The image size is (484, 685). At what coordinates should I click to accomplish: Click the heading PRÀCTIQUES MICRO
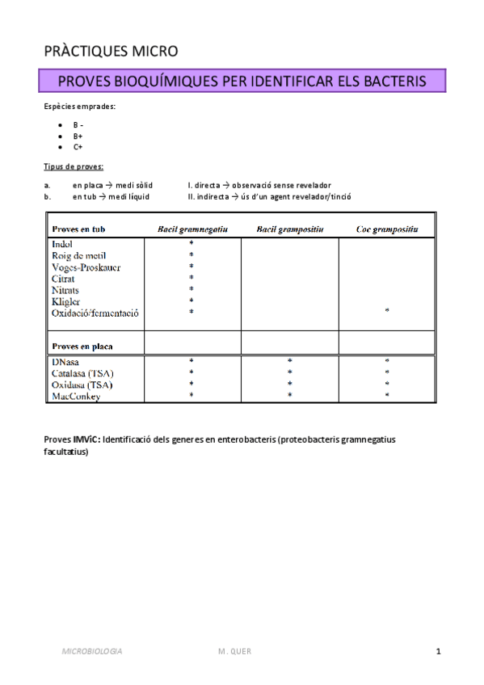pos(111,52)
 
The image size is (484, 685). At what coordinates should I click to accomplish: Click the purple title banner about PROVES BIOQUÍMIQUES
pos(242,82)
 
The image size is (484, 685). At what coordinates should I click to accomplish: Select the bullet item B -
pos(78,125)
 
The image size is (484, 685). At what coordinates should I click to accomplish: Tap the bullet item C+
pos(78,148)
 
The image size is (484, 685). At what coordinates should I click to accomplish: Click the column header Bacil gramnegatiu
pos(192,229)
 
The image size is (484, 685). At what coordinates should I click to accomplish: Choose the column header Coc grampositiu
pos(387,229)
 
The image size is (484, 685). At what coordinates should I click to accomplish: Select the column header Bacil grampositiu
pos(290,229)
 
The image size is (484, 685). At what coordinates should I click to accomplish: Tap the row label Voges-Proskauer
pos(86,267)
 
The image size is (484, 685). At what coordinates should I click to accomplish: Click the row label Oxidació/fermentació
pos(95,313)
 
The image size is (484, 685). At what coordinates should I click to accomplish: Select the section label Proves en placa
pos(82,347)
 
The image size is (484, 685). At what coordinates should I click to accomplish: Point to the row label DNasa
pos(67,361)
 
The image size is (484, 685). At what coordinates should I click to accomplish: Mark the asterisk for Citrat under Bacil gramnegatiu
pos(191,278)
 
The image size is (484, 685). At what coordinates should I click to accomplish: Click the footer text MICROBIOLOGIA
pos(93,651)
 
